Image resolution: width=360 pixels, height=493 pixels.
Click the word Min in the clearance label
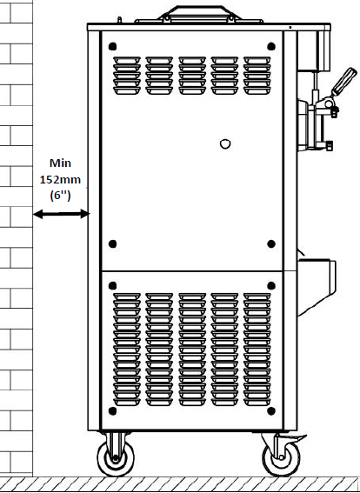60,163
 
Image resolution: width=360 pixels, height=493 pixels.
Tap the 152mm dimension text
60,179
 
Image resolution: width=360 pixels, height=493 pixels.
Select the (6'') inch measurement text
60,196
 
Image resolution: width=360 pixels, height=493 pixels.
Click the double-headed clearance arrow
62,214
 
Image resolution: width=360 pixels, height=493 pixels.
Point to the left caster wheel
116,457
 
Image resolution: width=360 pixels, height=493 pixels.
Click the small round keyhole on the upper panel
225,144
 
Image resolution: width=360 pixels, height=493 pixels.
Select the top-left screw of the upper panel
112,47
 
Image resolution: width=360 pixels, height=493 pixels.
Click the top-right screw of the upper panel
271,47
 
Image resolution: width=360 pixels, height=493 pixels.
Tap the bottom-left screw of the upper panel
112,243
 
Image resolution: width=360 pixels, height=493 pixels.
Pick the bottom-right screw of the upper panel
271,243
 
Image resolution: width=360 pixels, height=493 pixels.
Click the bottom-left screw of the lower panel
112,410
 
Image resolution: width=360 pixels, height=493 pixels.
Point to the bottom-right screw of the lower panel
271,410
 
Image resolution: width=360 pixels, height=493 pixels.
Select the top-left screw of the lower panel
112,285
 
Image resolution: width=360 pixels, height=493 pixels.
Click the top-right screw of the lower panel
271,285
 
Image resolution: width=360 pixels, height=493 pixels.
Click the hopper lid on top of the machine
199,15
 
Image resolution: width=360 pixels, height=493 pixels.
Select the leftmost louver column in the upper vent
127,76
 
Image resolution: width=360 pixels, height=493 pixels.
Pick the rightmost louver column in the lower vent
257,350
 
